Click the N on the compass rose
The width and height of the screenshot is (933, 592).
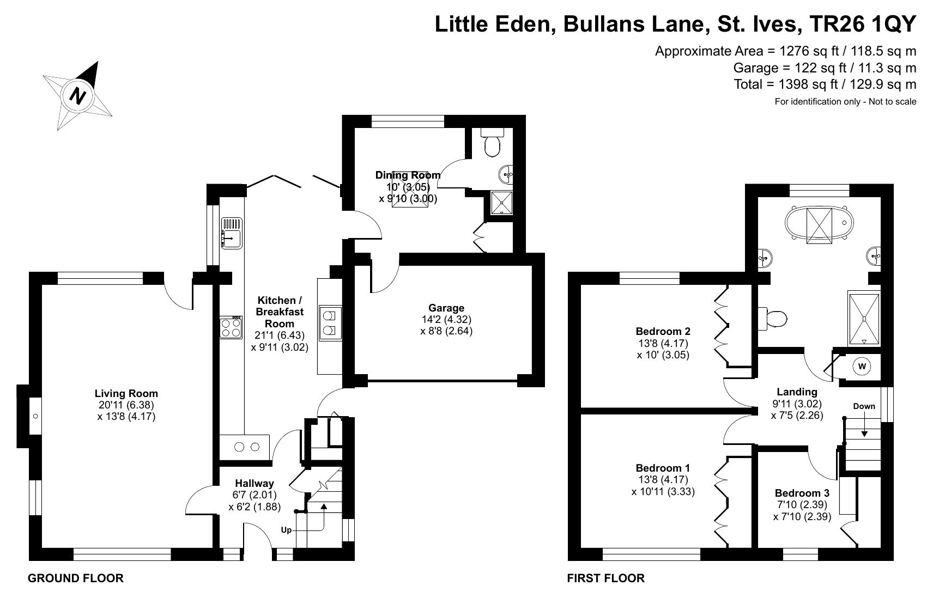(78, 95)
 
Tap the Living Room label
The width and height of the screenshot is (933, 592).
(126, 393)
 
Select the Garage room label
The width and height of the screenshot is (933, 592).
(446, 308)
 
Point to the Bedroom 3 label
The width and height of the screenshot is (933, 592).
(802, 493)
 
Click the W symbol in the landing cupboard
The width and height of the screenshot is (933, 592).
(862, 367)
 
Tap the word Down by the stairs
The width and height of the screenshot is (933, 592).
(864, 406)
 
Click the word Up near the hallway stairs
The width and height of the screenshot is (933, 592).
(286, 530)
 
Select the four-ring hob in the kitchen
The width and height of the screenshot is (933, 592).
(231, 328)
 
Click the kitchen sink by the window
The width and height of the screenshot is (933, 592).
(231, 234)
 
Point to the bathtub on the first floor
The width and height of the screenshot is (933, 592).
(819, 223)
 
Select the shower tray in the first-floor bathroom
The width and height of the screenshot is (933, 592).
(864, 319)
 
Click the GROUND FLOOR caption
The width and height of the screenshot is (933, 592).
(75, 578)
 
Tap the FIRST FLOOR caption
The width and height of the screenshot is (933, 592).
(605, 578)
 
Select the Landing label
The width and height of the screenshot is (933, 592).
(797, 392)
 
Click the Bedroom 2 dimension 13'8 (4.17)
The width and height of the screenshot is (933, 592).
(663, 344)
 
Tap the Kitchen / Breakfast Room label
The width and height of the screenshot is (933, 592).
(280, 312)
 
